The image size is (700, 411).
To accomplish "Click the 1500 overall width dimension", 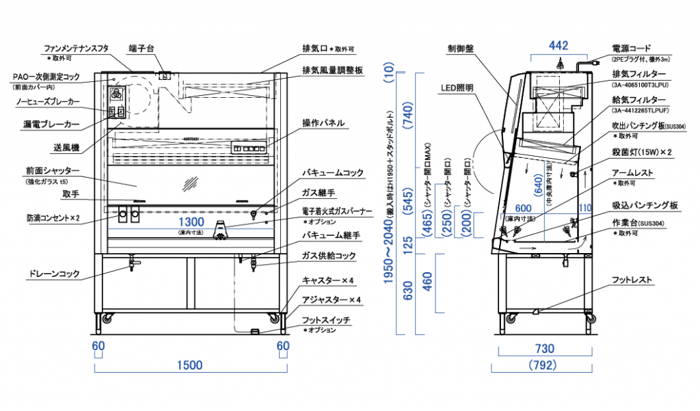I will click(x=189, y=364).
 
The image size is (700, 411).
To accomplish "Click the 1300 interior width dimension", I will click(x=191, y=222).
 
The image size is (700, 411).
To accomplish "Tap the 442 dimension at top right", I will click(x=558, y=46).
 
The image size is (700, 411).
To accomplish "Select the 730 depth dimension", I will click(x=543, y=348).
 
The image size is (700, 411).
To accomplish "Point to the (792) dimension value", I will click(x=543, y=365).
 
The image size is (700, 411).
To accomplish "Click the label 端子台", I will click(x=142, y=49).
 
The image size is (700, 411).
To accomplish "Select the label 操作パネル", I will click(x=323, y=123).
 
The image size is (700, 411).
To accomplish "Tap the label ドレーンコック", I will click(x=53, y=274).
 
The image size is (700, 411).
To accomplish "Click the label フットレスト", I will click(x=632, y=280).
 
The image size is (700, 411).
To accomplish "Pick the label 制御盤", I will click(x=461, y=49).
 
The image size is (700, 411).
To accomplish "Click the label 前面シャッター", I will click(x=53, y=170).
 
